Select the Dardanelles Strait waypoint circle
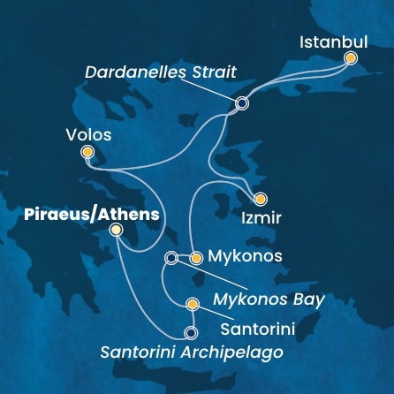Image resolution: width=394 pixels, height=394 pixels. click(x=241, y=103)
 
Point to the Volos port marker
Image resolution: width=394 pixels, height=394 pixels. click(x=87, y=153)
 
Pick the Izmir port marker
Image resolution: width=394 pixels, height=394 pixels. click(x=260, y=199)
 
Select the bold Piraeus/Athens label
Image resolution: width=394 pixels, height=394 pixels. click(x=80, y=214)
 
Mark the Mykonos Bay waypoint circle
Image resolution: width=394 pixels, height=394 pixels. click(x=171, y=258)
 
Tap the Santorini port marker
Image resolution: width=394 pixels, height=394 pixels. click(x=193, y=306)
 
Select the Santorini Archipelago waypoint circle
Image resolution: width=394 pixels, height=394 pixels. click(x=190, y=333)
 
